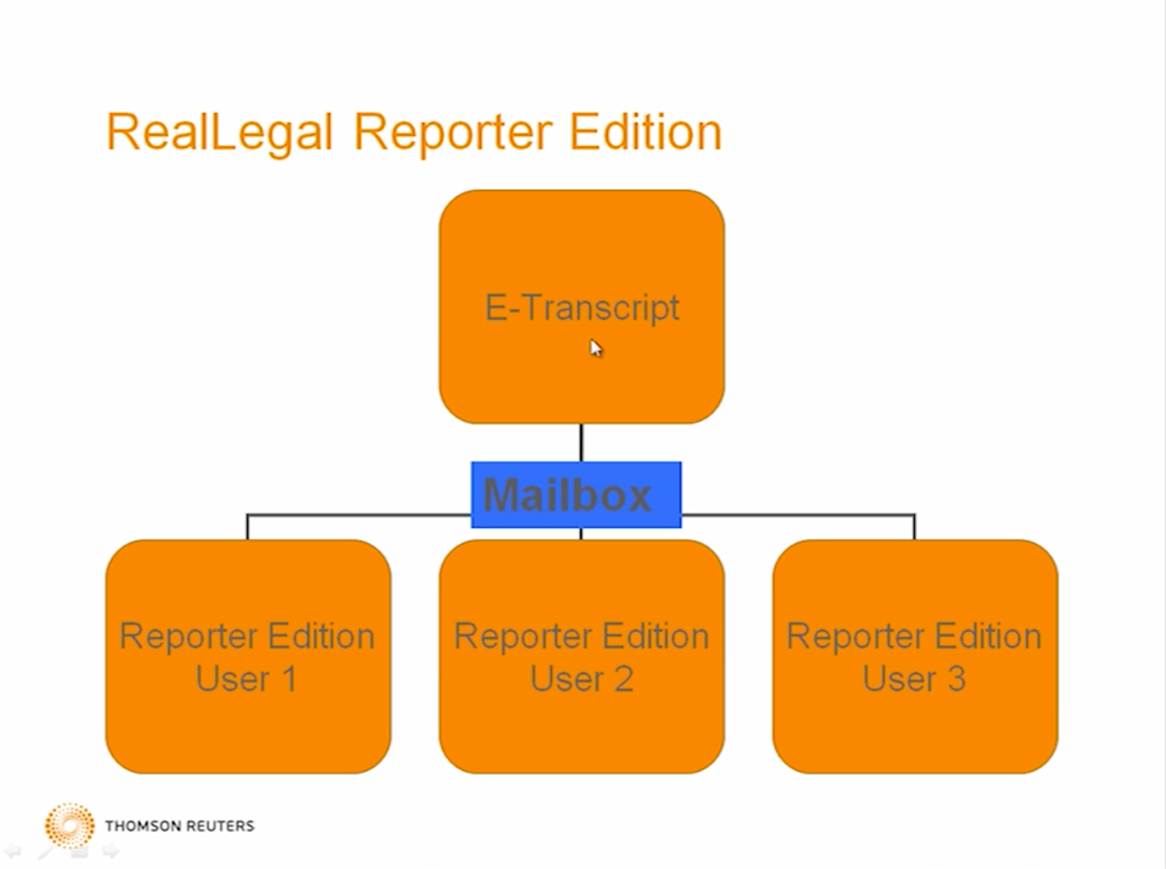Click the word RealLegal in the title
click(x=220, y=132)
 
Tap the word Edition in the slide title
click(x=645, y=131)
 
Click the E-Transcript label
click(x=583, y=308)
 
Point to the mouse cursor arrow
click(x=596, y=348)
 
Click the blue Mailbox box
click(x=576, y=495)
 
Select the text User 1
click(x=246, y=678)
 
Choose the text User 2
click(x=582, y=678)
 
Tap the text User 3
click(x=914, y=678)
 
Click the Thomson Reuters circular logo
click(x=70, y=826)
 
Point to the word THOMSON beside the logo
click(x=143, y=826)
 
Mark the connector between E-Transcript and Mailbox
click(x=582, y=443)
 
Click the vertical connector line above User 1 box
click(x=248, y=526)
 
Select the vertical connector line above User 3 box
click(x=914, y=526)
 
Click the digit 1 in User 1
click(x=289, y=678)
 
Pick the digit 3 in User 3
click(x=956, y=678)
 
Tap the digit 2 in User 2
click(x=624, y=678)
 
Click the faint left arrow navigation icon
click(x=13, y=852)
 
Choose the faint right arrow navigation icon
click(x=111, y=852)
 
